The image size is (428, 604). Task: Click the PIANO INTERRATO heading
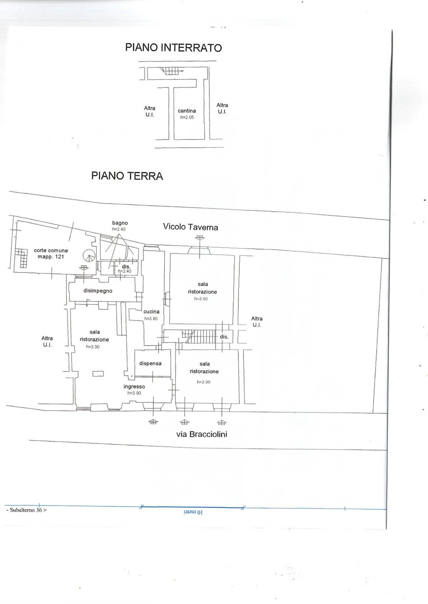pos(173,48)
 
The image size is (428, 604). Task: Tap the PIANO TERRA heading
pos(127,176)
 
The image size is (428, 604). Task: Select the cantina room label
pos(187,111)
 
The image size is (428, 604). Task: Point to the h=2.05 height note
pos(187,117)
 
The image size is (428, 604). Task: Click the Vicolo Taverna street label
pos(190,227)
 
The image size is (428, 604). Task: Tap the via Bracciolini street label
pos(202,434)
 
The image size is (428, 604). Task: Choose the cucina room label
pos(151,311)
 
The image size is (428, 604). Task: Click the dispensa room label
pos(151,363)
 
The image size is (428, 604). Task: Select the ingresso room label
pos(134,387)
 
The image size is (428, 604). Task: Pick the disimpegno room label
pos(98,291)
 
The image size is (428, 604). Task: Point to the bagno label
pos(120,223)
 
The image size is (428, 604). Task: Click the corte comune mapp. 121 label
pos(51,253)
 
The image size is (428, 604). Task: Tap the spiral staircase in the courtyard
pos(89,256)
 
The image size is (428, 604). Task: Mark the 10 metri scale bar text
pos(193,512)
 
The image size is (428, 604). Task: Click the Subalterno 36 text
pos(26,510)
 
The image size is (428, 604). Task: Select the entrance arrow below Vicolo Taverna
pos(199,238)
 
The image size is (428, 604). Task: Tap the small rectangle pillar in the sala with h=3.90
pos(98,374)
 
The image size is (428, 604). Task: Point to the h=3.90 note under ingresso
pos(134,393)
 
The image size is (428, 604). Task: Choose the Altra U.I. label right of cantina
pos(222,108)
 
